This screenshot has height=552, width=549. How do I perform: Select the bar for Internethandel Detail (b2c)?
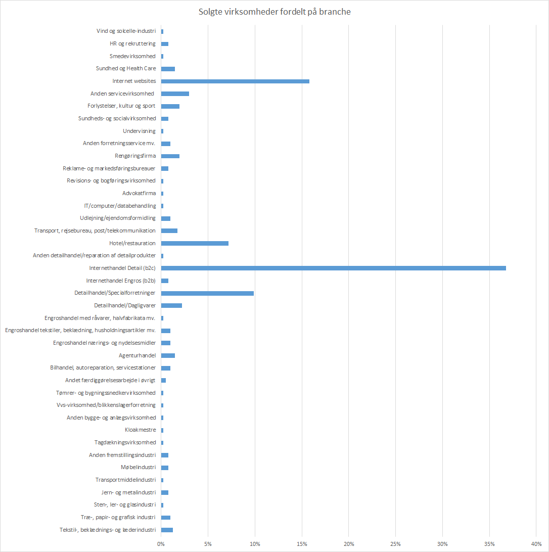[x=333, y=268]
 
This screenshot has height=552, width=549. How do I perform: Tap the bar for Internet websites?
[x=235, y=81]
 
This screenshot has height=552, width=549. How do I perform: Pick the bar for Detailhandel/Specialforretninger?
[x=207, y=293]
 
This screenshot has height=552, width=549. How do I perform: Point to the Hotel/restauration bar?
[x=195, y=243]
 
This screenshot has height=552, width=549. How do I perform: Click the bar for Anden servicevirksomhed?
[x=175, y=94]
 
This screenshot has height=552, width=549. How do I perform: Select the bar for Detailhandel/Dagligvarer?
[x=171, y=305]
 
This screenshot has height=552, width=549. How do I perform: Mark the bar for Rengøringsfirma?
[x=170, y=156]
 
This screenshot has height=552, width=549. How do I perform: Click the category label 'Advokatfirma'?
[x=139, y=194]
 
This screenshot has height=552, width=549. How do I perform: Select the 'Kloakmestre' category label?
[x=141, y=430]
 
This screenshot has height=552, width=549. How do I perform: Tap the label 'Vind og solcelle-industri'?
[x=126, y=31]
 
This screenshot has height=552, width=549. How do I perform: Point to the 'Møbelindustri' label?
[x=139, y=468]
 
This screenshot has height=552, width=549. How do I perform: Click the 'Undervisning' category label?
[x=140, y=131]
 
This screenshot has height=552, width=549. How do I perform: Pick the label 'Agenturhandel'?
[x=137, y=355]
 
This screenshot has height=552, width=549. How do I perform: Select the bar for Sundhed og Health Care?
[x=168, y=69]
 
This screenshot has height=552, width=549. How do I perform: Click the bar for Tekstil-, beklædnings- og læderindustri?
[x=167, y=530]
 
